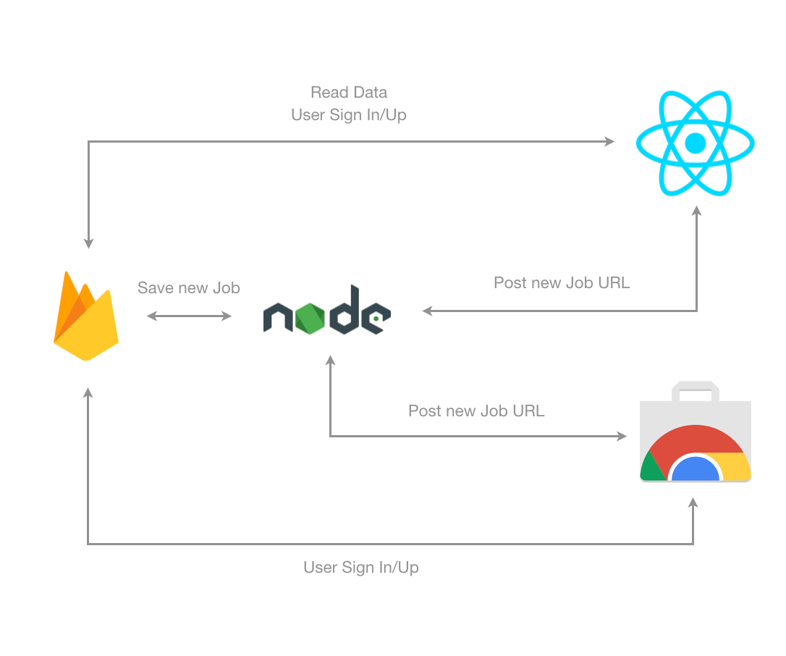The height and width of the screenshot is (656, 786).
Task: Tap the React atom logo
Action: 696,143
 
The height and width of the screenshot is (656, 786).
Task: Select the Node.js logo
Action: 327,310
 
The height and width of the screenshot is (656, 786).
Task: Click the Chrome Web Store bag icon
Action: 696,432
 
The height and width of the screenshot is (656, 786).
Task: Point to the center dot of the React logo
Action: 696,143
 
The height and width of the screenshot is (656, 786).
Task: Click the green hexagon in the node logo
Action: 310,319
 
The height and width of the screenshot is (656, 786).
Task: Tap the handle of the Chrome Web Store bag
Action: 696,391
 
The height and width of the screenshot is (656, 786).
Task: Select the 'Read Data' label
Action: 349,92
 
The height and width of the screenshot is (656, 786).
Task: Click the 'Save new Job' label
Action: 189,288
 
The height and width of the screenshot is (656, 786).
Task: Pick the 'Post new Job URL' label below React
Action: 562,283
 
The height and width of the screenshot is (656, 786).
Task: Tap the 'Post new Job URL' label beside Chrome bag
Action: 476,411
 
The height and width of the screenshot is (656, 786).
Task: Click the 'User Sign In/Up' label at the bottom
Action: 361,567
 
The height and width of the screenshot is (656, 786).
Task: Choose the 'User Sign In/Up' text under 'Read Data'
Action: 349,115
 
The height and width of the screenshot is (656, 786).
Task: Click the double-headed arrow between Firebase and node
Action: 189,316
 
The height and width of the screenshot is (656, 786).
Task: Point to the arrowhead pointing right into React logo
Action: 609,141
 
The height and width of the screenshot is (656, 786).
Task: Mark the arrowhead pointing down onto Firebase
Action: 89,243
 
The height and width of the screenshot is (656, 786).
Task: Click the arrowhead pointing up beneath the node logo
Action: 330,360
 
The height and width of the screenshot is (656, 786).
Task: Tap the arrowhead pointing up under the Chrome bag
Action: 693,502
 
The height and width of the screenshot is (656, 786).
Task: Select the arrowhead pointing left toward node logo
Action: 428,311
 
